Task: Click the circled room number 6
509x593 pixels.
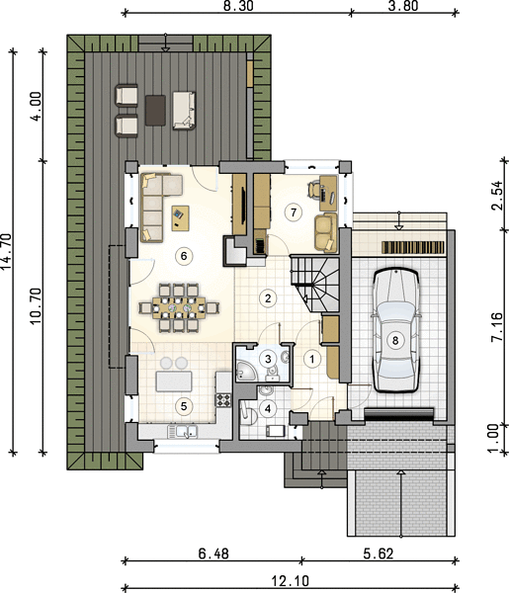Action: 184,256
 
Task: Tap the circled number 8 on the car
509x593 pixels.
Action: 395,340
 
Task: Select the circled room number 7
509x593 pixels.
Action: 294,212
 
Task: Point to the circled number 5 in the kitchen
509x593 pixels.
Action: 184,406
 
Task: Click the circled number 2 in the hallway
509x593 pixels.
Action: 268,298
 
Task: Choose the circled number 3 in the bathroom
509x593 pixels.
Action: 268,358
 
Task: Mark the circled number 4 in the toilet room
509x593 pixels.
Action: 268,408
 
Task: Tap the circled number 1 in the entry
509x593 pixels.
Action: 312,359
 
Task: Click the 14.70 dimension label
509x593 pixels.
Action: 7,252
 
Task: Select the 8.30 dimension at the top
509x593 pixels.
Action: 237,6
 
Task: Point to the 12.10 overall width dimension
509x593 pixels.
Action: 290,580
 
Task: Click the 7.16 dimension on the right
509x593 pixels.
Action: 497,327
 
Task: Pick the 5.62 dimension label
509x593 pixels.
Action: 379,554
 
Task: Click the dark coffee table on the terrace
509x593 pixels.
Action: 155,110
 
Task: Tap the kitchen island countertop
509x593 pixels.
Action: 174,381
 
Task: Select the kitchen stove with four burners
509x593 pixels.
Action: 223,399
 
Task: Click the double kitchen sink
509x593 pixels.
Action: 182,432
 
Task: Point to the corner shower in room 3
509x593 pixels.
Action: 246,371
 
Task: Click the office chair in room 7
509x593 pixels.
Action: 314,189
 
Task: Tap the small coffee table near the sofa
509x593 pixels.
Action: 181,217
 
